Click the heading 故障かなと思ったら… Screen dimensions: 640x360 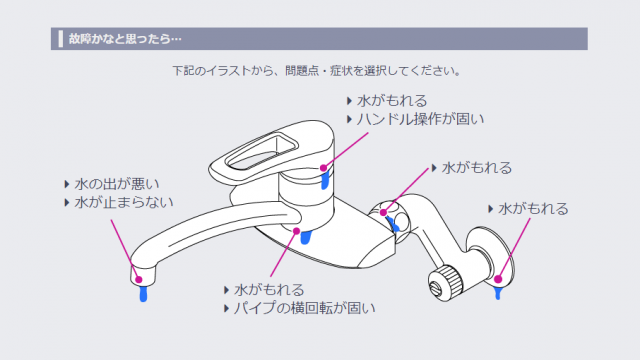(x=125, y=39)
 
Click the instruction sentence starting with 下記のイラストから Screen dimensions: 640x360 (x=317, y=71)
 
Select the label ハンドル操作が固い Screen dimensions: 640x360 (x=420, y=119)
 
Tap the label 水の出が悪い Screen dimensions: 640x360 (x=117, y=184)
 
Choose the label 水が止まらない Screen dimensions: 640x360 (x=124, y=202)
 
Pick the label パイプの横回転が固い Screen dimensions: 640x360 (x=304, y=308)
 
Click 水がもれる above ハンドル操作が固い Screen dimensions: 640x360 (x=392, y=100)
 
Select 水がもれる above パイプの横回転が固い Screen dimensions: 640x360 (x=269, y=289)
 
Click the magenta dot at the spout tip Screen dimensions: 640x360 (x=139, y=280)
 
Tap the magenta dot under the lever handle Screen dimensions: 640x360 (x=323, y=168)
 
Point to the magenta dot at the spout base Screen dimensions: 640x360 (x=297, y=231)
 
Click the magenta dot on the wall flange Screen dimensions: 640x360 (x=498, y=279)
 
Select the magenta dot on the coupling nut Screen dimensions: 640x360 (x=383, y=212)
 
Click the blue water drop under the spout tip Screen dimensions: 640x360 (x=143, y=293)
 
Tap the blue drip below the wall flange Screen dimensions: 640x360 (x=498, y=293)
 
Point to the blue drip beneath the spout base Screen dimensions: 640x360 (x=306, y=237)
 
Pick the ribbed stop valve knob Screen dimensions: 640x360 (x=446, y=282)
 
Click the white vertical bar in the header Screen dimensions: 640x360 (x=61, y=39)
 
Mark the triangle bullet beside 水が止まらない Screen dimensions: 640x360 (x=67, y=202)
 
